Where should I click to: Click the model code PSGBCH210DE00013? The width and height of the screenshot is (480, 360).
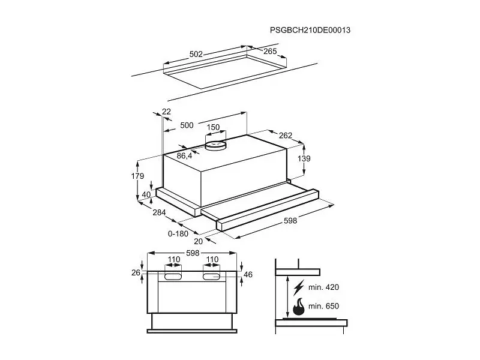pos(310,30)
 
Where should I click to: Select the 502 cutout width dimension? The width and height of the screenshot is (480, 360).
pos(196,54)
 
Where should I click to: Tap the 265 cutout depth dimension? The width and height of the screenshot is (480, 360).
pos(270,51)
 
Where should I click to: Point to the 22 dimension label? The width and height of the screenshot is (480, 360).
pos(166,112)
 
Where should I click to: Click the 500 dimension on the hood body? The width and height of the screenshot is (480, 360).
pos(187,125)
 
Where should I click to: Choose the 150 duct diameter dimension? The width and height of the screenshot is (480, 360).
pos(213,127)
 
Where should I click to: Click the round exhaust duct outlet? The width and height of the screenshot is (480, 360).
pos(215,145)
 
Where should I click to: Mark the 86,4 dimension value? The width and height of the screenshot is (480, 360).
pos(184,156)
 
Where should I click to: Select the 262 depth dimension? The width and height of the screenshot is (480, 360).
pos(286,136)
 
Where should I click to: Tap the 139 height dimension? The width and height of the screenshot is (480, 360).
pos(304,158)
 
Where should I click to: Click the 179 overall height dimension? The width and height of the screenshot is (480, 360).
pos(137,176)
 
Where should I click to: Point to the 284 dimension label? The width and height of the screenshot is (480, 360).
pos(159,212)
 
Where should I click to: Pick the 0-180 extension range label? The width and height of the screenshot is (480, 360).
pos(178,234)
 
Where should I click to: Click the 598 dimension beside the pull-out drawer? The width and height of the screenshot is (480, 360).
pos(290,221)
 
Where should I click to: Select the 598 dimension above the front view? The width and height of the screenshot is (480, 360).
pos(193,253)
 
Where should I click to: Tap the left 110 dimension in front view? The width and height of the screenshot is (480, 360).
pos(173,260)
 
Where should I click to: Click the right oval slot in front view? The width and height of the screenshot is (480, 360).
pos(212,277)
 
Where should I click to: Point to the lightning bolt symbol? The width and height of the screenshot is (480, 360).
pos(298,287)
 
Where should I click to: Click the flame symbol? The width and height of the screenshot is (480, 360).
pos(299,307)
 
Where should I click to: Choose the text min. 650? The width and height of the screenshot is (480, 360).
pos(323,306)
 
